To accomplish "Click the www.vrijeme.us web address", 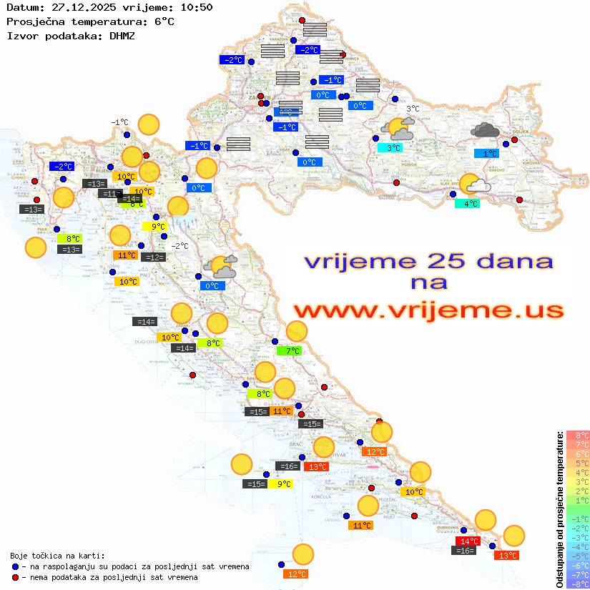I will (x=428, y=310).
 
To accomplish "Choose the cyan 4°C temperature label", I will (x=467, y=204).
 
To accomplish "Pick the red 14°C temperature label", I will (x=468, y=541).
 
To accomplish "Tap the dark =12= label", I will (x=153, y=257).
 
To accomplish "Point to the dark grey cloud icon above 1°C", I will (x=486, y=130).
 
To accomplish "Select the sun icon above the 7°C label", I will (x=296, y=331).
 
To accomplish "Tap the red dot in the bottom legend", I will (x=16, y=577).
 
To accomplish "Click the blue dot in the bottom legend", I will (x=16, y=566).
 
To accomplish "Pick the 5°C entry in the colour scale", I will (x=578, y=463).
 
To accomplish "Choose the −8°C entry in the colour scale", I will (x=578, y=584).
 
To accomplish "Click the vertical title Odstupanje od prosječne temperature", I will (x=560, y=509).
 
